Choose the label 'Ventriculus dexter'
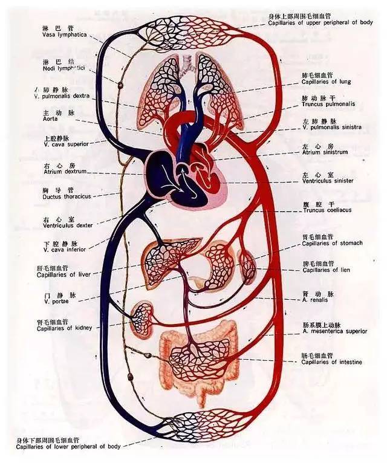coord(67,225)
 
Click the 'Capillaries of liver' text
coord(65,274)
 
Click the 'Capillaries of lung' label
coord(326,82)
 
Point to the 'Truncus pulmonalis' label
coord(328,104)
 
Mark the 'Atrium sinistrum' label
coord(325,152)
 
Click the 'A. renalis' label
coord(317,299)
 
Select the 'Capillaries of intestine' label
coord(332,362)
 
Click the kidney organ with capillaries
coord(143,317)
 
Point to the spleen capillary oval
coord(248,267)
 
